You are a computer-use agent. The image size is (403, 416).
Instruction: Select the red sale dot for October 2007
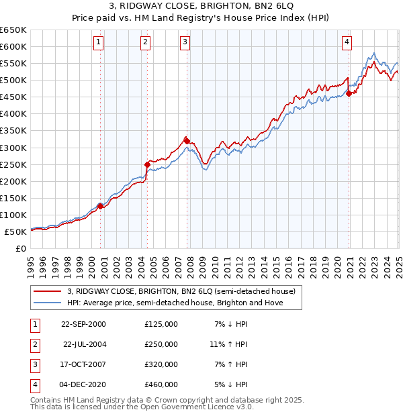(187, 141)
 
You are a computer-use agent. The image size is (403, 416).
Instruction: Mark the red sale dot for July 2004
(147, 164)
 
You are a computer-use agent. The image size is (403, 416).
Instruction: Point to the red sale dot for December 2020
(349, 93)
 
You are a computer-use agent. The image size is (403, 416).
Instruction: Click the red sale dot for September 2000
(101, 206)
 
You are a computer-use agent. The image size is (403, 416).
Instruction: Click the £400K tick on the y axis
(14, 113)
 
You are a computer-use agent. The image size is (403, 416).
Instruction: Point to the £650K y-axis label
(14, 30)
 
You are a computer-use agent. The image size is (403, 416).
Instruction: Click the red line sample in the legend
(48, 291)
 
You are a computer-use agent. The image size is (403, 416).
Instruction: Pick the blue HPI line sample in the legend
(48, 303)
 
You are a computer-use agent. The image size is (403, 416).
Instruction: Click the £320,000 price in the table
(161, 365)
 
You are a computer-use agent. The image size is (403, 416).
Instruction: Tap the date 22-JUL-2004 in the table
(83, 344)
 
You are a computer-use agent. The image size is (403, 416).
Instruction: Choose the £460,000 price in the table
(161, 385)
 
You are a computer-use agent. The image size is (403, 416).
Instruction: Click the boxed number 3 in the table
(34, 365)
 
